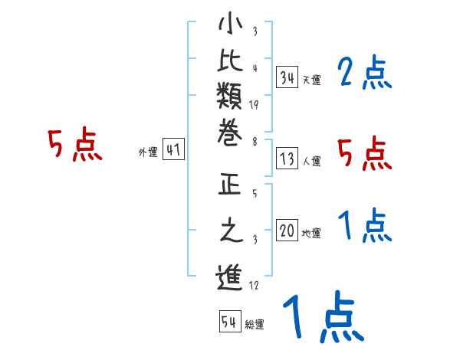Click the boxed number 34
[x=287, y=77]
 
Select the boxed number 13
[x=287, y=159]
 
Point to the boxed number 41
[x=173, y=150]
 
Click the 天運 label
[x=311, y=80]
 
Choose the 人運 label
[x=311, y=162]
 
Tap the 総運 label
[x=255, y=325]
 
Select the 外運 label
[x=149, y=152]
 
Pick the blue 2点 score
[x=364, y=74]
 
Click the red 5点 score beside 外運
[x=74, y=145]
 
